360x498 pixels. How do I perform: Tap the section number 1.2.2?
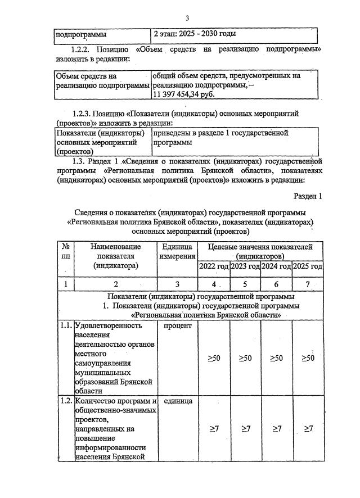pyautogui.click(x=85, y=49)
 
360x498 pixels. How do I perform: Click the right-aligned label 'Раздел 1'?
pyautogui.click(x=308, y=196)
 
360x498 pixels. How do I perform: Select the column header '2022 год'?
pyautogui.click(x=213, y=266)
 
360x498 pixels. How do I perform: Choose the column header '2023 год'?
pyautogui.click(x=245, y=266)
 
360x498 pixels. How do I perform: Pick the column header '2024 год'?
pyautogui.click(x=277, y=266)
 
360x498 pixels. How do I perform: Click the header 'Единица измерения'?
pyautogui.click(x=177, y=252)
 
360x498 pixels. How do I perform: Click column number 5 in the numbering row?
pyautogui.click(x=245, y=284)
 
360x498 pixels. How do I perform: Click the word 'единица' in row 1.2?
pyautogui.click(x=177, y=401)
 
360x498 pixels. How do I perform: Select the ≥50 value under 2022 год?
pyautogui.click(x=213, y=358)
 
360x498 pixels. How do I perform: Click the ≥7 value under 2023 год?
pyautogui.click(x=245, y=428)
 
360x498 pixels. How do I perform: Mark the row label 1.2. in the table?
pyautogui.click(x=66, y=401)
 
